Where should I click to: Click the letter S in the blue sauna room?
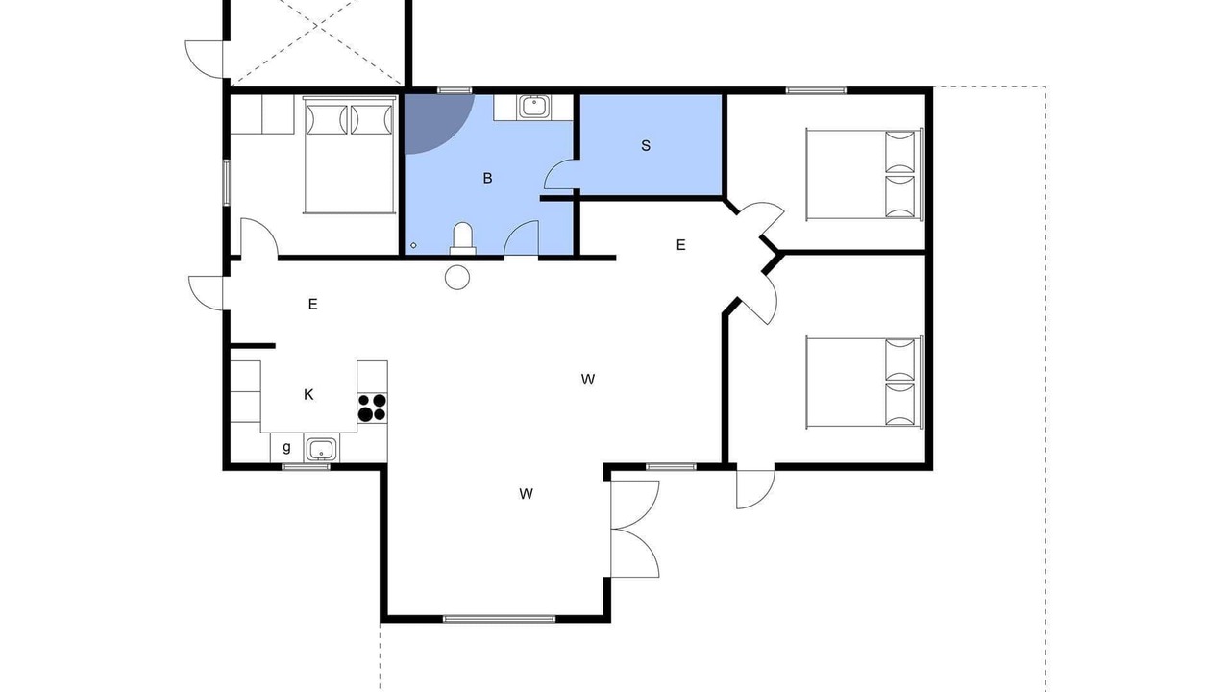pyautogui.click(x=646, y=145)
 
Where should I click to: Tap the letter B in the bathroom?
pyautogui.click(x=487, y=178)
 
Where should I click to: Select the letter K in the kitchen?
pyautogui.click(x=308, y=394)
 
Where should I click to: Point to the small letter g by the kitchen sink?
pyautogui.click(x=286, y=447)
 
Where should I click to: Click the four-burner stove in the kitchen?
pyautogui.click(x=372, y=408)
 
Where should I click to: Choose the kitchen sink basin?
pyautogui.click(x=321, y=449)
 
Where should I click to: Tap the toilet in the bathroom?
pyautogui.click(x=462, y=238)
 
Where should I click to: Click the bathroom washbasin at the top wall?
pyautogui.click(x=533, y=107)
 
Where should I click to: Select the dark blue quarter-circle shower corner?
pyautogui.click(x=433, y=122)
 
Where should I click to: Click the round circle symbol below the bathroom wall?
pyautogui.click(x=457, y=278)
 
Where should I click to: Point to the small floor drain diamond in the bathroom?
pyautogui.click(x=413, y=245)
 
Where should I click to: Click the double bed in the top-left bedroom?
pyautogui.click(x=349, y=155)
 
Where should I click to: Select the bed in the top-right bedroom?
pyautogui.click(x=864, y=174)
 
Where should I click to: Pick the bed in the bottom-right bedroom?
pyautogui.click(x=864, y=383)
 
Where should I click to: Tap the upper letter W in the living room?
pyautogui.click(x=587, y=380)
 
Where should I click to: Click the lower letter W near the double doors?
pyautogui.click(x=526, y=494)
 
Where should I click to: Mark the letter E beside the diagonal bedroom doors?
pyautogui.click(x=681, y=245)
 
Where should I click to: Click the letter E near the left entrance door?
pyautogui.click(x=313, y=305)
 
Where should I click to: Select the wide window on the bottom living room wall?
pyautogui.click(x=499, y=619)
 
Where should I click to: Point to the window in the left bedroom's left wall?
pyautogui.click(x=226, y=183)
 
